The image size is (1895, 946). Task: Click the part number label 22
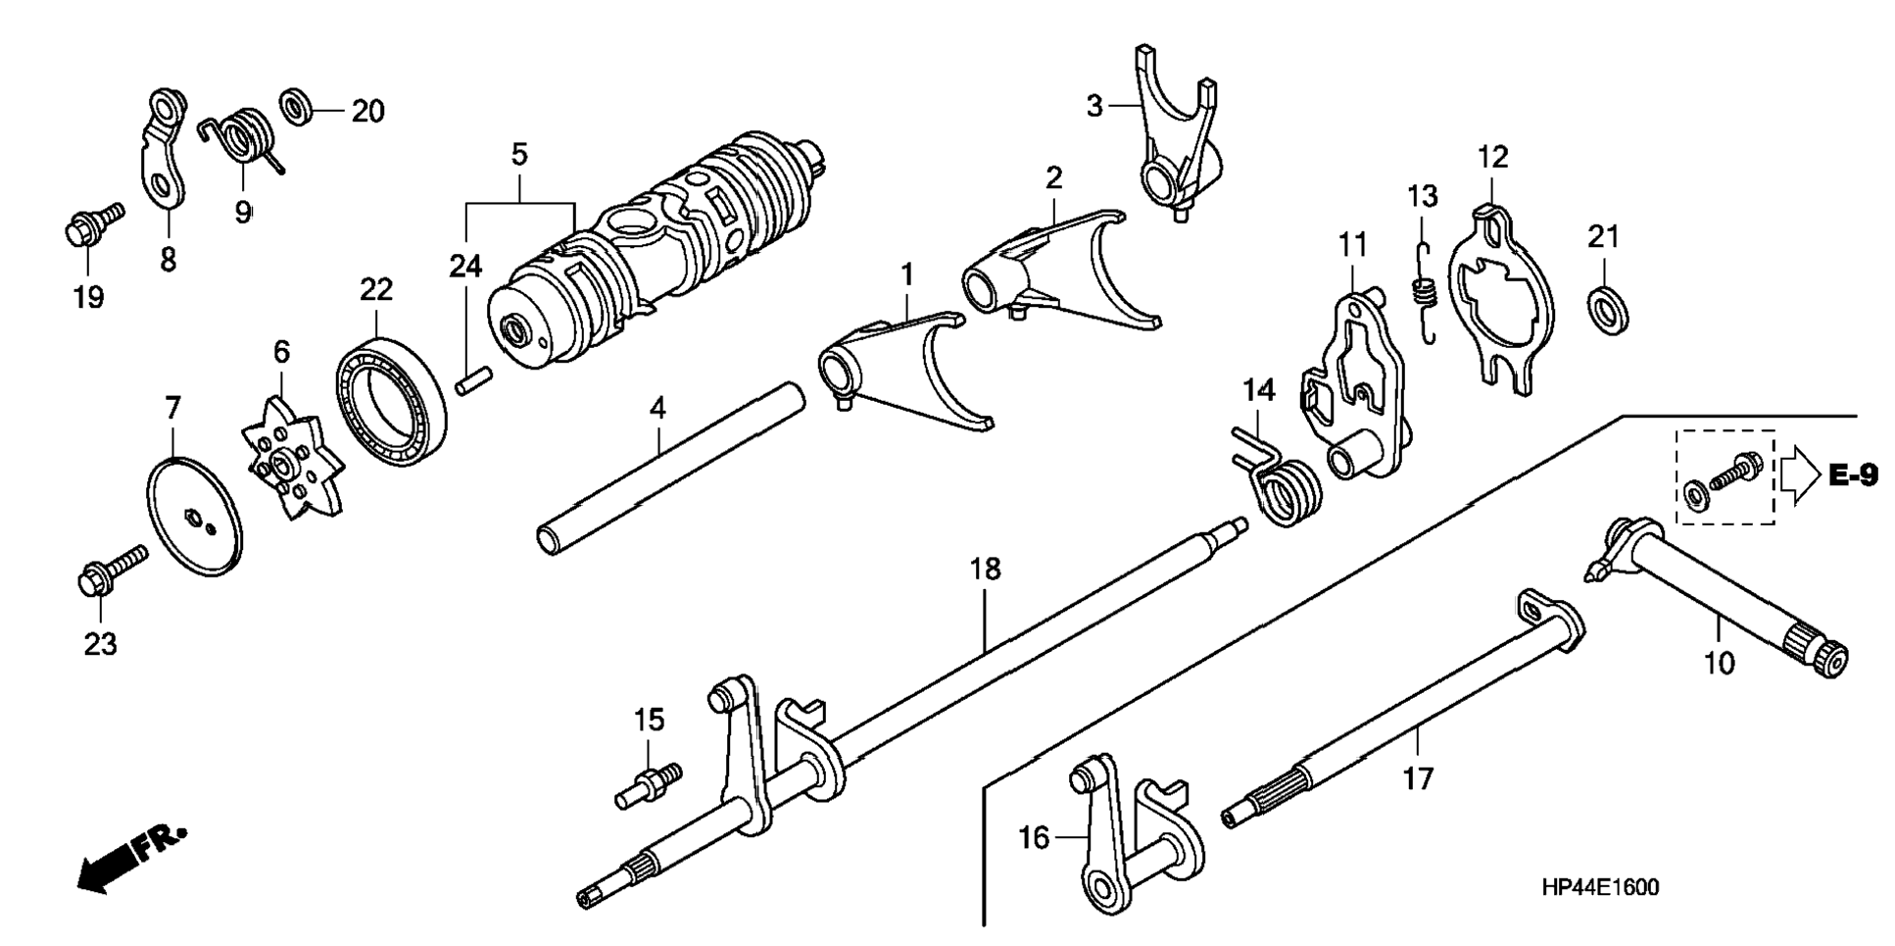click(x=376, y=289)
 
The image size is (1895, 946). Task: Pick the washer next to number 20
click(x=298, y=106)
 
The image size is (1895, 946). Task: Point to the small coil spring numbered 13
click(x=1424, y=292)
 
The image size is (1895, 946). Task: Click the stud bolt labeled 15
click(x=646, y=785)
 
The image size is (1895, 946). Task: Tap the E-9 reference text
click(x=1853, y=476)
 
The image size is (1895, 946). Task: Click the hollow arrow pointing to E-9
click(x=1799, y=475)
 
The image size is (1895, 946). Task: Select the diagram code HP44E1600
click(x=1599, y=888)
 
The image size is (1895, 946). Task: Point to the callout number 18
click(x=986, y=569)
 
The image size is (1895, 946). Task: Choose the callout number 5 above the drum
click(x=519, y=155)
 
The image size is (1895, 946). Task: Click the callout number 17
click(x=1418, y=778)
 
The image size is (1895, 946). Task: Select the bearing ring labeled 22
click(x=390, y=391)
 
